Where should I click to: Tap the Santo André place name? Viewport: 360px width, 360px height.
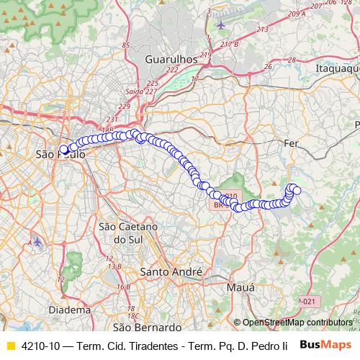170,272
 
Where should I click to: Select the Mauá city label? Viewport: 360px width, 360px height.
240,287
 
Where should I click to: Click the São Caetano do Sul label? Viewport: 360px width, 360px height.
122,233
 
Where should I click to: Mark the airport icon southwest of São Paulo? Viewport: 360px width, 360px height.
37,243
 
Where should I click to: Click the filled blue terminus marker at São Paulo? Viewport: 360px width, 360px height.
63,150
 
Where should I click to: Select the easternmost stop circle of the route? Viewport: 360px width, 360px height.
296,190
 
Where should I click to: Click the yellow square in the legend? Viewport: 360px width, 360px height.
10,346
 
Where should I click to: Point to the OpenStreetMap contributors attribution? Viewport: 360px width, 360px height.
292,323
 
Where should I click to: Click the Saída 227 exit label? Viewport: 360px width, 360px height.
140,91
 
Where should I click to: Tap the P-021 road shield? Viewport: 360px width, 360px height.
305,301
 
